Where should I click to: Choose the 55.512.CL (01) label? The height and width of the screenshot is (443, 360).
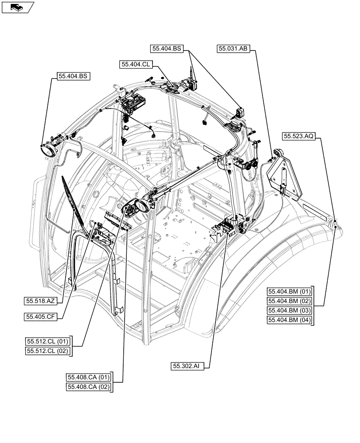point(47,341)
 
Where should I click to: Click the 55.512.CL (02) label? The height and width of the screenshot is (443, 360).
point(47,351)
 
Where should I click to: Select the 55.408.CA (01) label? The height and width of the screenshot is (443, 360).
point(88,377)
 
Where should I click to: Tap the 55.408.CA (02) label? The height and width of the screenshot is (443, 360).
point(88,387)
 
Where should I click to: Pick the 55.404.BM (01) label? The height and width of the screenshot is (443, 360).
point(290,291)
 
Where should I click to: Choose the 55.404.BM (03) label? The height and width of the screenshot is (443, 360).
point(290,311)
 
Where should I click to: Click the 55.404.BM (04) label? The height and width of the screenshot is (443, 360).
point(290,320)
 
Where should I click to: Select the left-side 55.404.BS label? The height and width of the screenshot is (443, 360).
point(73,76)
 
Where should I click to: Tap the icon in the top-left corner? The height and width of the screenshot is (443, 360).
point(17,7)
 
